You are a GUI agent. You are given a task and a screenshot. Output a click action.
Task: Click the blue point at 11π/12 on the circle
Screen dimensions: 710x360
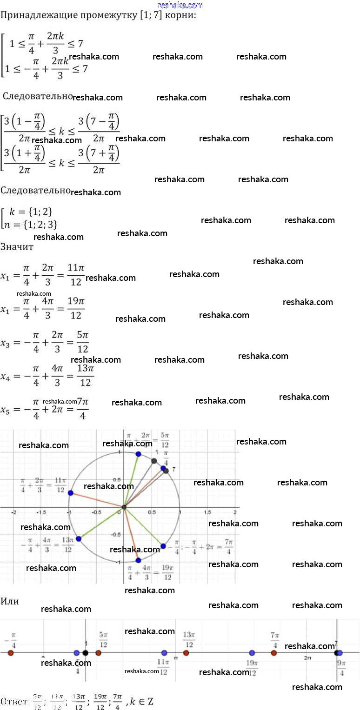point(70,493)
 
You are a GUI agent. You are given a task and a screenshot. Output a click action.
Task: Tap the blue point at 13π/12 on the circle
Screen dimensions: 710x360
point(78,538)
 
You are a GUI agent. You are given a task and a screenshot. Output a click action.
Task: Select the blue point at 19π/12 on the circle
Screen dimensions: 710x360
point(138,560)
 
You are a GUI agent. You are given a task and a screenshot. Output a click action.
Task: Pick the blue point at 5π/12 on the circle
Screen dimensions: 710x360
point(138,454)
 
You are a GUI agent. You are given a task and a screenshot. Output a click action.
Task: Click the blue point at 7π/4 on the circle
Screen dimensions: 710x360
point(163,546)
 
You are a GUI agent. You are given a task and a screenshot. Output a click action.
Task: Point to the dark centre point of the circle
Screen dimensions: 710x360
point(124,507)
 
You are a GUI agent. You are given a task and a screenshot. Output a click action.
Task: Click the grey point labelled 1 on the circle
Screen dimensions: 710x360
point(154,461)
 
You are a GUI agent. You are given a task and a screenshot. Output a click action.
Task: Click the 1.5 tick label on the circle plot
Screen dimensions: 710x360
point(207,512)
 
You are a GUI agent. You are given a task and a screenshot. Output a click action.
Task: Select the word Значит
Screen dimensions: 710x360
point(17,247)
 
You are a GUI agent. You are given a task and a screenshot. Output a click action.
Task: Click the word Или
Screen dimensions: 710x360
point(10,601)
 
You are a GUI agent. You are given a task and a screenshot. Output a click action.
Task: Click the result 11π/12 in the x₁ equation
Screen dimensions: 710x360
point(75,274)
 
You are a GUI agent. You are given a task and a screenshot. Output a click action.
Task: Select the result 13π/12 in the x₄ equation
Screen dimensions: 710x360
point(85,376)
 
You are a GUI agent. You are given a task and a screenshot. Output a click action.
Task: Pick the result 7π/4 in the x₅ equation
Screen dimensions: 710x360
point(82,409)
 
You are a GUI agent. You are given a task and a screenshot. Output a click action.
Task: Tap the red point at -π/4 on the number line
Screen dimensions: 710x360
point(11,653)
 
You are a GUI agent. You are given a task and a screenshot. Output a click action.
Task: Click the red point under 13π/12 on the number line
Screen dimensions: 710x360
point(186,653)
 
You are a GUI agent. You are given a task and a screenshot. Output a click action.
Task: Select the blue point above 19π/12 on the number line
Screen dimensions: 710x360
point(252,653)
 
